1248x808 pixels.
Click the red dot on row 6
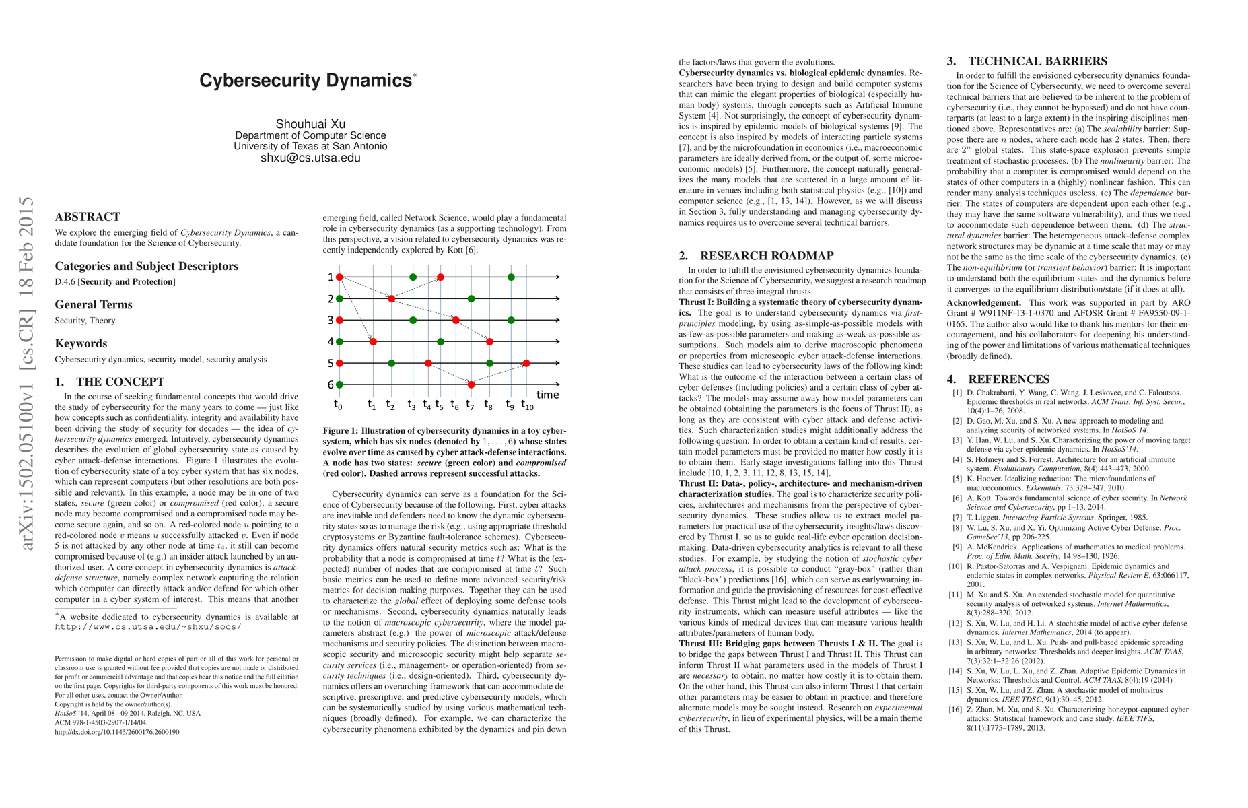[471, 384]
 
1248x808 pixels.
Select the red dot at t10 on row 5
[526, 364]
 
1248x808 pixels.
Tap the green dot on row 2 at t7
[471, 298]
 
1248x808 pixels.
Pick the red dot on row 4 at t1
[373, 342]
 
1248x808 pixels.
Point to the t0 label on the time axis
[338, 405]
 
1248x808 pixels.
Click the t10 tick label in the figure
[527, 405]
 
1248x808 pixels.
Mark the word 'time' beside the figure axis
[547, 395]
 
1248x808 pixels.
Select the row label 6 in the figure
[331, 384]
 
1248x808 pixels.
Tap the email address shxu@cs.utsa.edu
[310, 158]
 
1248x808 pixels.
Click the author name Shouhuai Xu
[310, 124]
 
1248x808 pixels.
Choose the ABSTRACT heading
[88, 217]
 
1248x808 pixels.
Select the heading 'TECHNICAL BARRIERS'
[1037, 61]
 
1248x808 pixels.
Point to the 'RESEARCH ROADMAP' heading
[767, 256]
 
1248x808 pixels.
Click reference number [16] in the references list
[956, 710]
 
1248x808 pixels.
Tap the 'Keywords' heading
[81, 343]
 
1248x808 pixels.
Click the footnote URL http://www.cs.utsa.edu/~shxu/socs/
[148, 627]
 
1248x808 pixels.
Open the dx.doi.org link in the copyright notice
[117, 732]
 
